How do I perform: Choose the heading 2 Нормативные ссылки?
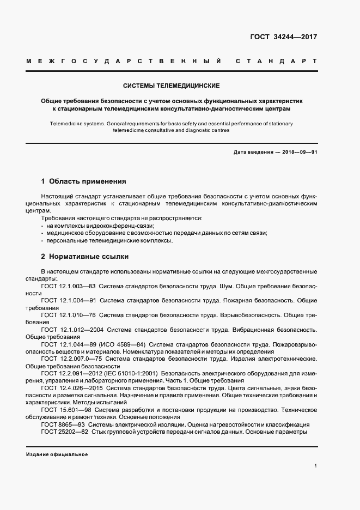[84, 256]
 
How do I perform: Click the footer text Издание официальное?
[57, 454]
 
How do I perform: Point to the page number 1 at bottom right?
[315, 466]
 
